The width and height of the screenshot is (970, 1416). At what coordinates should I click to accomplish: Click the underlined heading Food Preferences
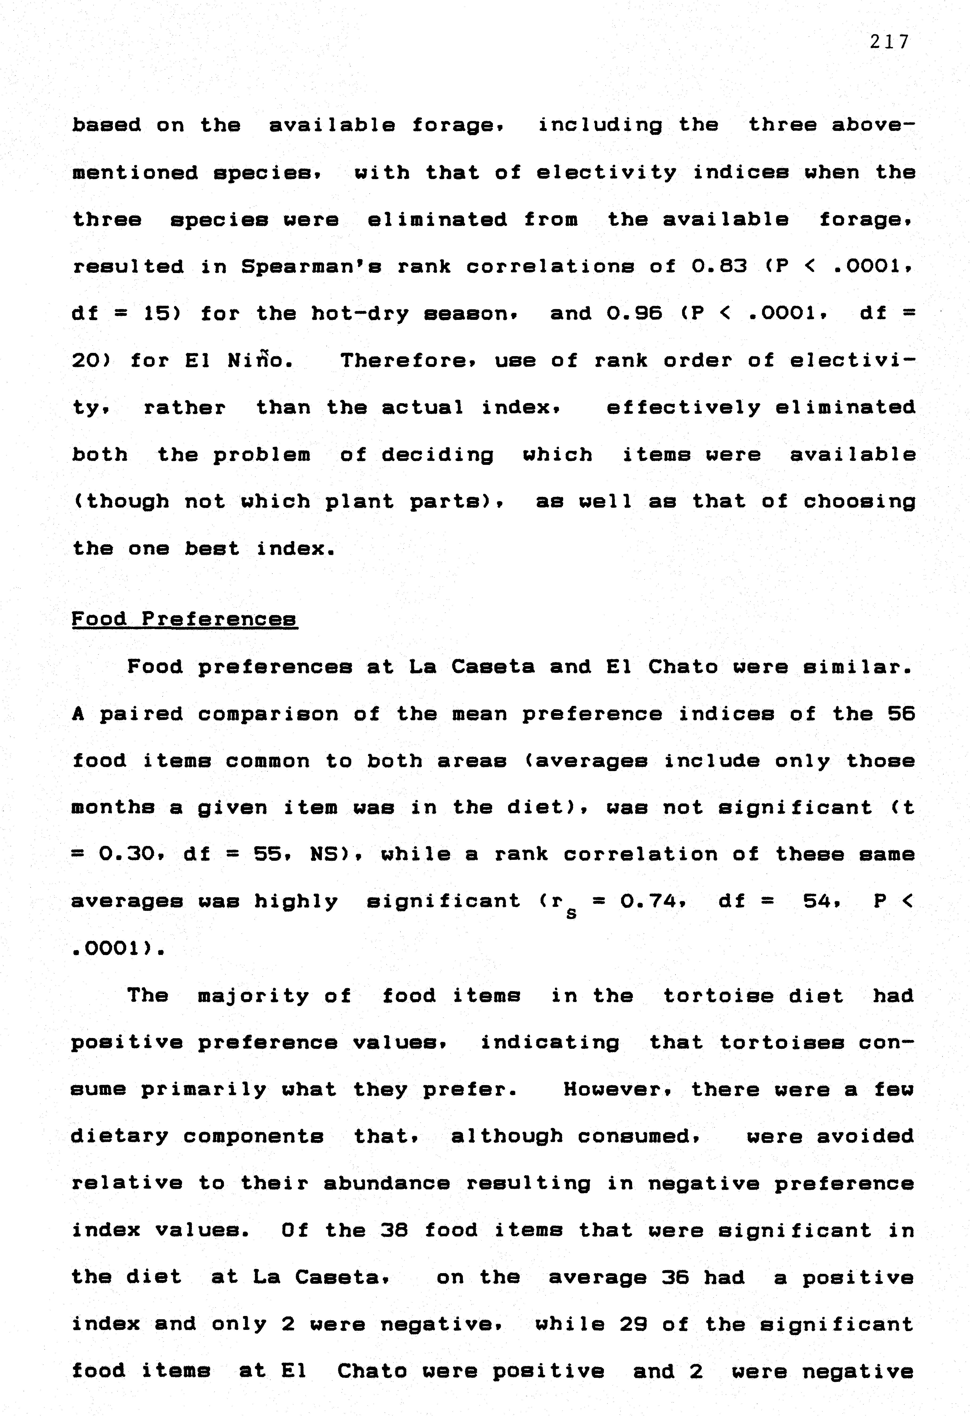[185, 619]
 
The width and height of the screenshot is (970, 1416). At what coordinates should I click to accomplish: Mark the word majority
[254, 996]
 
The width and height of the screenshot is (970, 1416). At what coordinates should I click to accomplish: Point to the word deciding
[437, 455]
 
